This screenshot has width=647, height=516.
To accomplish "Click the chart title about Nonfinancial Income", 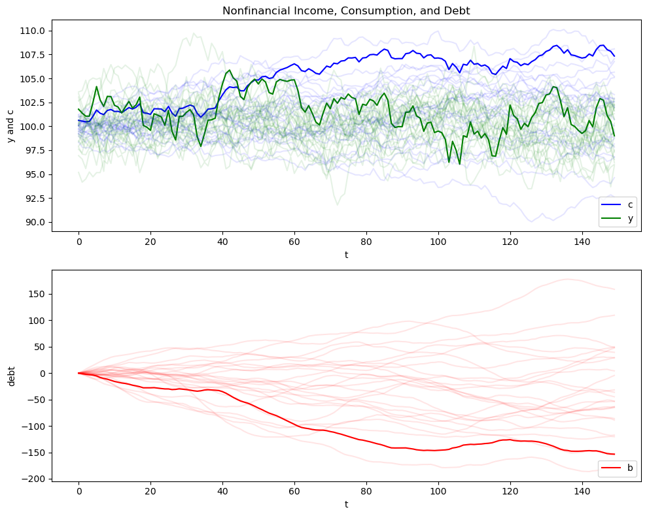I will tap(346, 10).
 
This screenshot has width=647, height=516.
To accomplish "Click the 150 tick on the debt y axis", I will tap(37, 294).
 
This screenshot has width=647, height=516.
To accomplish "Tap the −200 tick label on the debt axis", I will tap(33, 479).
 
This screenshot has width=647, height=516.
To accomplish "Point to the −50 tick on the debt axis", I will tap(35, 400).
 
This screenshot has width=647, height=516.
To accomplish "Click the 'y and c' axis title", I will tap(11, 125).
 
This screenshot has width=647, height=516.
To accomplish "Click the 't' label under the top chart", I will tap(346, 255).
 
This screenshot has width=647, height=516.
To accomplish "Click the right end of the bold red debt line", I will tap(614, 454).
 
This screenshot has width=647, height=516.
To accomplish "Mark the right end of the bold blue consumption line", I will tap(614, 56).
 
